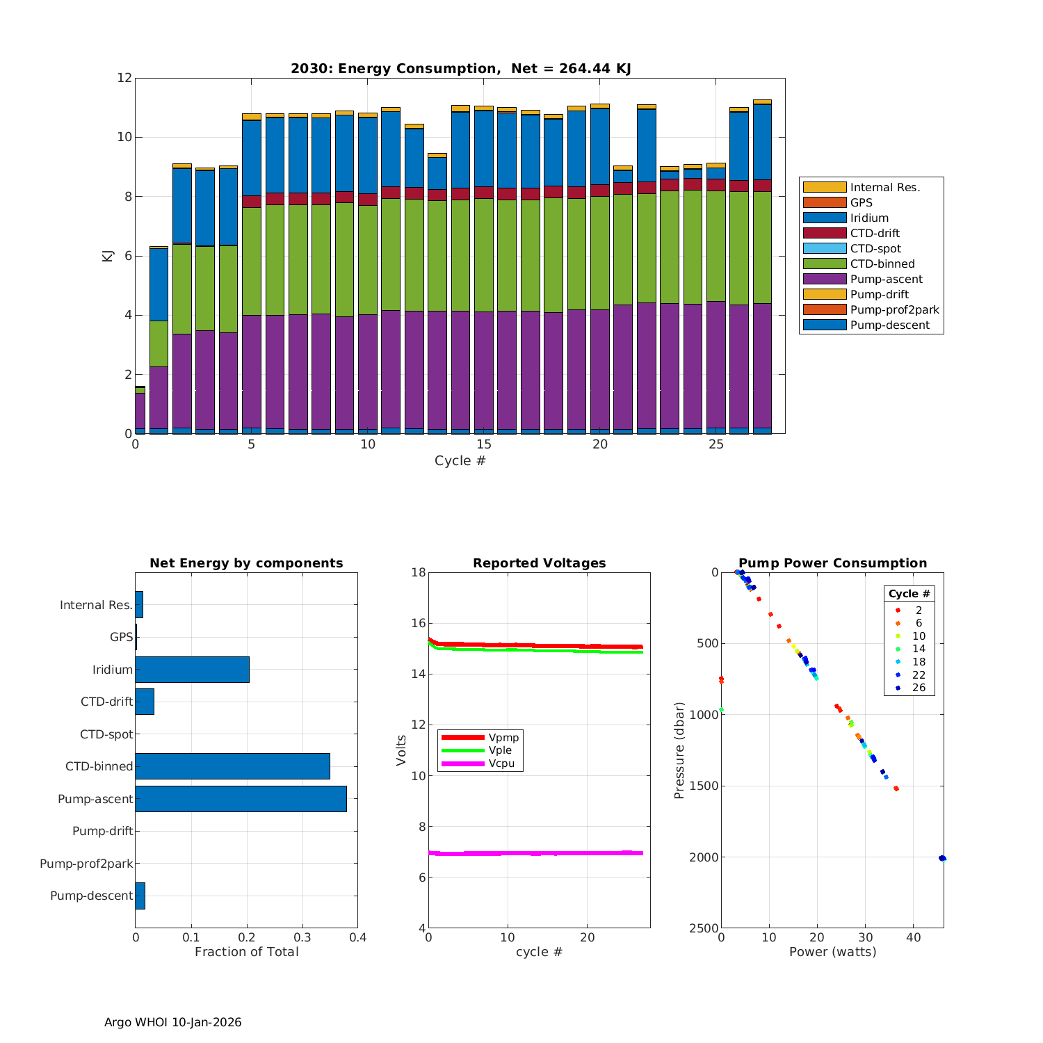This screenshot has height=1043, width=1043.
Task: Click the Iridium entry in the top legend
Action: coord(869,218)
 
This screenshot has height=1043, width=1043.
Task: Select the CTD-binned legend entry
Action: coord(882,264)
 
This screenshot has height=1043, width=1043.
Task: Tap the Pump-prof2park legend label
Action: coord(894,309)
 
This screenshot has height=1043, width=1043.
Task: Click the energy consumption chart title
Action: coord(460,68)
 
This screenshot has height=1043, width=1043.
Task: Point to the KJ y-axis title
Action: coord(107,255)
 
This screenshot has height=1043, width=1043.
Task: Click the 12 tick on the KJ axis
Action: coord(124,78)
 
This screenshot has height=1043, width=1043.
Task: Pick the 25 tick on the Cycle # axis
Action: coord(716,444)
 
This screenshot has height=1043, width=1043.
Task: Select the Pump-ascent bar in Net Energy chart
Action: coord(241,798)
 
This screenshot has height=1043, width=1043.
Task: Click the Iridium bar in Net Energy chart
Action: coord(192,669)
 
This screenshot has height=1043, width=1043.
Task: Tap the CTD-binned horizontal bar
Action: coord(232,766)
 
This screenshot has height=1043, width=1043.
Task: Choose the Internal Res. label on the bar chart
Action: coord(96,605)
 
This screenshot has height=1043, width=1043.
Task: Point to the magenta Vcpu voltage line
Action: coord(535,853)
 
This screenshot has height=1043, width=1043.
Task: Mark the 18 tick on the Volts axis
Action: coord(418,572)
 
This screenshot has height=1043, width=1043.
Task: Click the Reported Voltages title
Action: coord(539,563)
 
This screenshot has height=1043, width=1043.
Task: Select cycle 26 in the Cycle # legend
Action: coord(918,688)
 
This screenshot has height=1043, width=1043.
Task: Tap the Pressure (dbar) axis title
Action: coord(679,750)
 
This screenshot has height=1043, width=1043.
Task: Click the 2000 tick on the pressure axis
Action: coord(704,857)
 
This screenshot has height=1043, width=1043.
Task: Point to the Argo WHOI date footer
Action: coord(172,1022)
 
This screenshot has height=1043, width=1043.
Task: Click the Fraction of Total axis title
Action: coord(246,951)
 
